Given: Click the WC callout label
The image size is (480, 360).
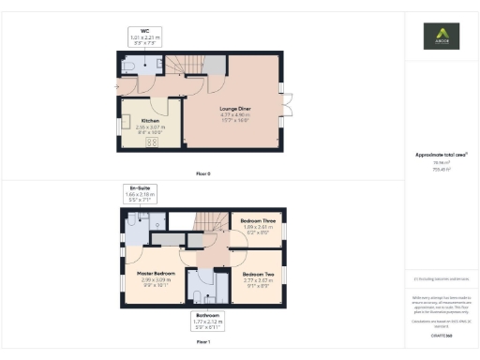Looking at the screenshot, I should (x=145, y=30).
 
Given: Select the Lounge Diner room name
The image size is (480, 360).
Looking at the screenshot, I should (x=235, y=109).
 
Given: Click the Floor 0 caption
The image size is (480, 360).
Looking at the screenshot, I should (x=202, y=173).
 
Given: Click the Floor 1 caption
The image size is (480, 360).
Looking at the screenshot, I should (x=202, y=343).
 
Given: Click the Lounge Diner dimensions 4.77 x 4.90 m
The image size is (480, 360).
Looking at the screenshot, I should (x=235, y=114).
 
